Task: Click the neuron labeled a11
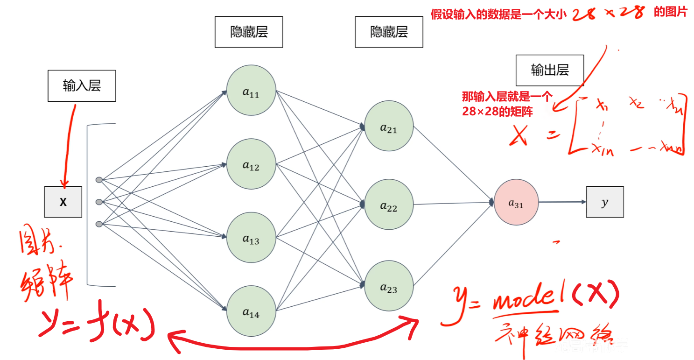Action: pyautogui.click(x=251, y=91)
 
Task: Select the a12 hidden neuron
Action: pyautogui.click(x=251, y=164)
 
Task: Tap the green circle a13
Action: pyautogui.click(x=251, y=238)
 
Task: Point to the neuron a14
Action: pyautogui.click(x=251, y=311)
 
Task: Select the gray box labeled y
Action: pyautogui.click(x=605, y=202)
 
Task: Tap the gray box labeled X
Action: pyautogui.click(x=63, y=202)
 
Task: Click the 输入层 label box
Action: pyautogui.click(x=82, y=86)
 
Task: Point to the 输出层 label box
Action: pyautogui.click(x=550, y=71)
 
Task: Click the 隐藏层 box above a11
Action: pyautogui.click(x=249, y=32)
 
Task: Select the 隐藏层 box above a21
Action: pyautogui.click(x=389, y=32)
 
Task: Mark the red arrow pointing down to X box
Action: pyautogui.click(x=68, y=145)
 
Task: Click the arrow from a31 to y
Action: pyautogui.click(x=562, y=202)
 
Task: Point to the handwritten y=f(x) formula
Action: pyautogui.click(x=96, y=322)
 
